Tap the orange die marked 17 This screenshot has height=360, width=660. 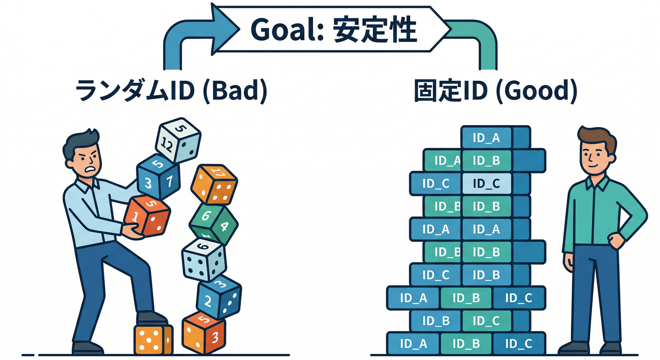pos(215,184)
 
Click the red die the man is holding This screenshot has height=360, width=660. pos(147,216)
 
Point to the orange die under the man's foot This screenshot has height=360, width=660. pos(153,339)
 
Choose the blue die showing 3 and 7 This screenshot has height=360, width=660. pos(158,176)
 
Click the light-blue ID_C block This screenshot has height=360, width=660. pos(486,183)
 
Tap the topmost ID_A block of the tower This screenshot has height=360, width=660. pos(486,138)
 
